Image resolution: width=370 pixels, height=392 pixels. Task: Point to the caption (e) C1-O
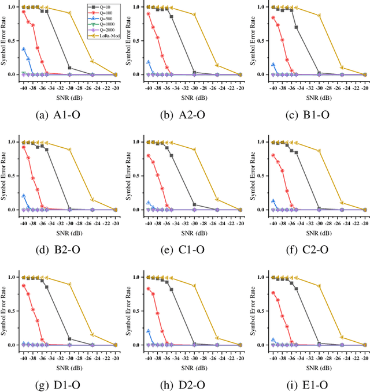(x=186, y=249)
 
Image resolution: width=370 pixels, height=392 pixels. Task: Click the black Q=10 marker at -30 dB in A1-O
(x=69, y=68)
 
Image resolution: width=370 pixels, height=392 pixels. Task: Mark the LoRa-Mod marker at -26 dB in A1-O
(x=92, y=61)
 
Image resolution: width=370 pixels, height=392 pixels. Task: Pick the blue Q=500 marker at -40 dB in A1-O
(x=24, y=49)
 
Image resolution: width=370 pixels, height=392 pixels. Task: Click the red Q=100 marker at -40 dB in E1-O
(x=273, y=293)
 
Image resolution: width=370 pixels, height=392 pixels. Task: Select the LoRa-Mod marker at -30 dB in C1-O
(x=194, y=150)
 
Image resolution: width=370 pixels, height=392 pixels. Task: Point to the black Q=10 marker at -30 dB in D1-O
(x=69, y=339)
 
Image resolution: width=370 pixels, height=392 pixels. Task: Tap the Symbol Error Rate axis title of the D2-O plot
(x=128, y=311)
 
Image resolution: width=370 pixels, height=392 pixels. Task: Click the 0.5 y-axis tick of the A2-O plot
(x=139, y=40)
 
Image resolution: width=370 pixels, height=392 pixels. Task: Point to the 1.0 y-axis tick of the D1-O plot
(x=14, y=277)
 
